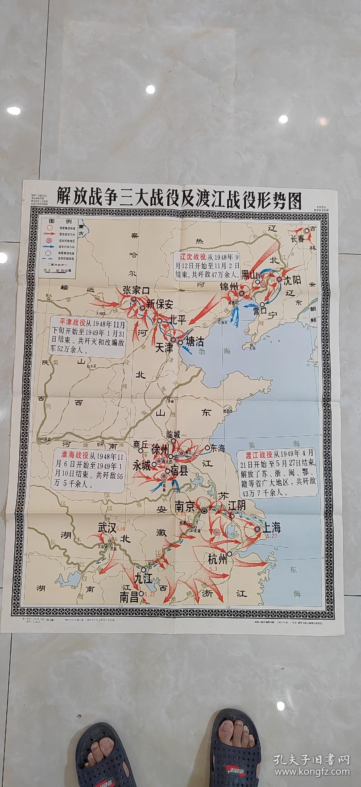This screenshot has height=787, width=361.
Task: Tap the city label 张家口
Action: [136, 290]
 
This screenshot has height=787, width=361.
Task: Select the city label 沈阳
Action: [292, 280]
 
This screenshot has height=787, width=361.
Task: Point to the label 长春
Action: [297, 239]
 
